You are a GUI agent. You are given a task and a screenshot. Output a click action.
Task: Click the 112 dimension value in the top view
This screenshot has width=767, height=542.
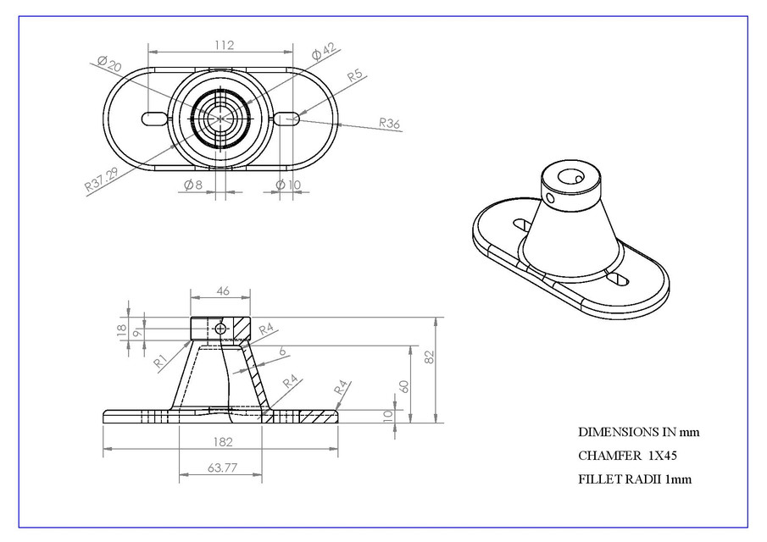coord(224,46)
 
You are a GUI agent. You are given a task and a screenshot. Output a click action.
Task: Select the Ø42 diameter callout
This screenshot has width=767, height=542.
coord(325,53)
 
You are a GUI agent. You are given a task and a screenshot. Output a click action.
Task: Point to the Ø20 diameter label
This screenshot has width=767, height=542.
coord(109,65)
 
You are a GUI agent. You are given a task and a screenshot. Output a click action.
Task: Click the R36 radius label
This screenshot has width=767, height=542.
coord(389,124)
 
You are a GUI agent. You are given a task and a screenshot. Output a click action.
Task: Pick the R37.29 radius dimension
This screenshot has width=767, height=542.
coord(102,179)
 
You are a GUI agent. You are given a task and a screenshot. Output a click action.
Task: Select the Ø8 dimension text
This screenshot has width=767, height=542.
coord(192,185)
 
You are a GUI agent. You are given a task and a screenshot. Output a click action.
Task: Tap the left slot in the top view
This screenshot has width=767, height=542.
coord(153,119)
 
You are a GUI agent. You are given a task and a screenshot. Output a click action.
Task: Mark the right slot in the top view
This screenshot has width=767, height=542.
coord(286,119)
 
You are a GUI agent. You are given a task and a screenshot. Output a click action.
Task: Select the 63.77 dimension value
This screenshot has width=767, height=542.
coord(221,467)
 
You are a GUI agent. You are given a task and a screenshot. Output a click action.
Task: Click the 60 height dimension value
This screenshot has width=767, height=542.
coord(405,385)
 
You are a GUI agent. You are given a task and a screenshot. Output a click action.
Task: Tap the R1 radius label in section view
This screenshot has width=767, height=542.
coord(160,361)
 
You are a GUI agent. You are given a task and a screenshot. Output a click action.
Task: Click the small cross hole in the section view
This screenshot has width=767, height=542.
coord(221,329)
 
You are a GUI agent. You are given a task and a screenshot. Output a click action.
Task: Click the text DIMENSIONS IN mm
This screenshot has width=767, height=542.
coord(638,432)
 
